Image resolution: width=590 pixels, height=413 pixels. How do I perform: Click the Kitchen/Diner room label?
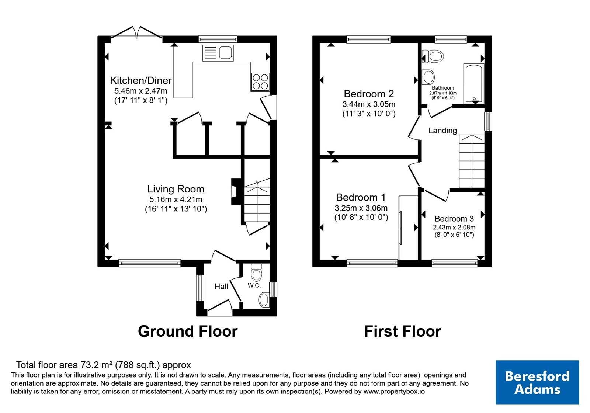140,81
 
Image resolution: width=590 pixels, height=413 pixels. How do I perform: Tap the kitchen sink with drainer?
218,53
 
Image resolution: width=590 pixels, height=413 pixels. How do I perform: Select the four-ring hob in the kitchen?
260,82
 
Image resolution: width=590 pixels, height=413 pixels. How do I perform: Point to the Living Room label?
176,189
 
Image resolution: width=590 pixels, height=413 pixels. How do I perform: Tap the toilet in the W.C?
256,273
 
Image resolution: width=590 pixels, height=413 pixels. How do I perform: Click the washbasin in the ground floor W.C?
264,300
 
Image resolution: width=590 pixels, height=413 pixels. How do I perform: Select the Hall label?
221,287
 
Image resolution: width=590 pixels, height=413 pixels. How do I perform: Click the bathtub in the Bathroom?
474,83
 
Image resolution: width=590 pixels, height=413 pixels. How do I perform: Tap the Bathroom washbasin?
428,77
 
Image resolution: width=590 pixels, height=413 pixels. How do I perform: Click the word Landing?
442,131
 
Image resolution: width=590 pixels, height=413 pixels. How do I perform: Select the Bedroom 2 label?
369,94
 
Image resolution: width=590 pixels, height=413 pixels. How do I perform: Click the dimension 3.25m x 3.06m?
361,208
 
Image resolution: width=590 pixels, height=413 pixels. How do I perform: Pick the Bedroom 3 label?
454,219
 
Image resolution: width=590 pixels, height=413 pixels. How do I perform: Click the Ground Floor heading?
188,332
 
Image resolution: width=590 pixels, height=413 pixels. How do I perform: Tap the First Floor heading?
402,332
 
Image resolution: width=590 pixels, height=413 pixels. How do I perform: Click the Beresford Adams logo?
537,382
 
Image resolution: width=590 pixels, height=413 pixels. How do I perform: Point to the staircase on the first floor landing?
472,161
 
